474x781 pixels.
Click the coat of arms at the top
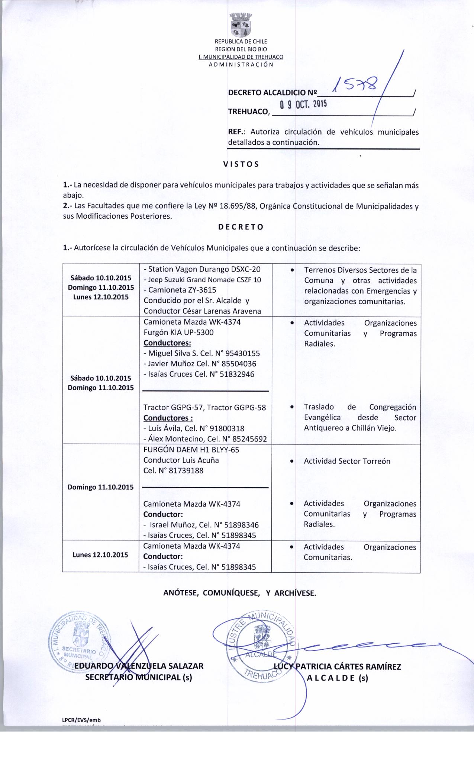[x=241, y=25]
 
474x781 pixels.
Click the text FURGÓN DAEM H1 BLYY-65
[x=191, y=450]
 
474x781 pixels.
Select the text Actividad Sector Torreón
[x=347, y=461]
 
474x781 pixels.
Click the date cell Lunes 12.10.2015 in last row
[x=100, y=555]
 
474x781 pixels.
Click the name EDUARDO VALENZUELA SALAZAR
[x=139, y=666]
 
